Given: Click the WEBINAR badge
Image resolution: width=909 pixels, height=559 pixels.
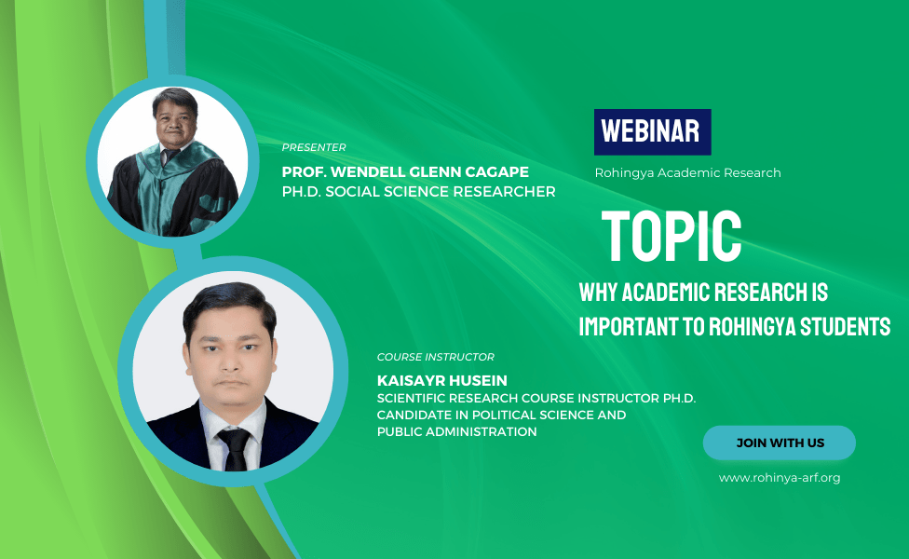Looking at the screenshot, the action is [652, 132].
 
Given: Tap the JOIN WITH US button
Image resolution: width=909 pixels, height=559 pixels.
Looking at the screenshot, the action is [780, 443].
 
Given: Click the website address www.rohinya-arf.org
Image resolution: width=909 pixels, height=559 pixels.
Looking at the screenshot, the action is [780, 478].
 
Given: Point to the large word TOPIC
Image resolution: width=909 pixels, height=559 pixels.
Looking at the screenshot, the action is [672, 236].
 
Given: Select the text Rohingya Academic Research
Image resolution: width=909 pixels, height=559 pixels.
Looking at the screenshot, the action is [687, 172].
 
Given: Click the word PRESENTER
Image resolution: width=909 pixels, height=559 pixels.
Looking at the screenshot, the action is [314, 147].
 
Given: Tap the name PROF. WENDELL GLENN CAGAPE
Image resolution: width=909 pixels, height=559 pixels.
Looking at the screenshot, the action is [405, 171].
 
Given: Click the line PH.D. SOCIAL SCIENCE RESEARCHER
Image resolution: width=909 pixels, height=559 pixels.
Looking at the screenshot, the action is [418, 191].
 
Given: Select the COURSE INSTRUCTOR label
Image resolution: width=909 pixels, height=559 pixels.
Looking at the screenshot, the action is [435, 357].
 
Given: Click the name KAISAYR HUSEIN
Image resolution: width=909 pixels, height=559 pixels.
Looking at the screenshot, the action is [441, 380].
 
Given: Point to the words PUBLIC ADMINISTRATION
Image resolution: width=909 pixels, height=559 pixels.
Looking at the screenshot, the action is [456, 431].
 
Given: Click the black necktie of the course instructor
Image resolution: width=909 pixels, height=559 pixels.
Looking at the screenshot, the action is [236, 449].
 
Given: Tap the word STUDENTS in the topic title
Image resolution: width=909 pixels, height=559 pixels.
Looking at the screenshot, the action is [846, 326].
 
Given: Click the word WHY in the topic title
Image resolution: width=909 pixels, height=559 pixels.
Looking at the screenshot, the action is [598, 293].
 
